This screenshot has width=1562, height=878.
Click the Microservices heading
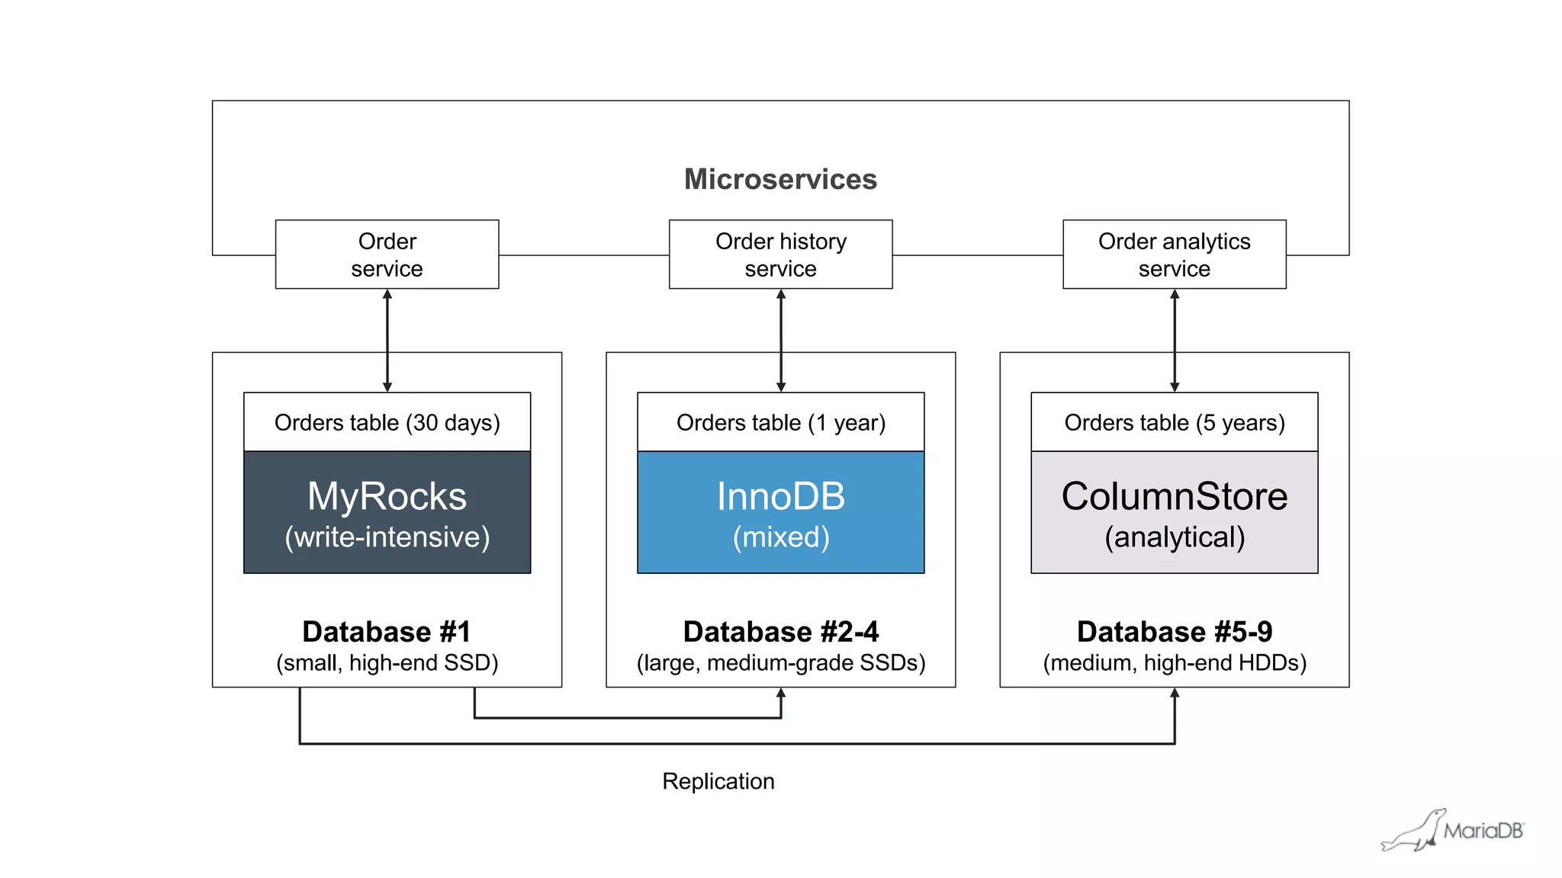780,179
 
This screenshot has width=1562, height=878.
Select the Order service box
387,255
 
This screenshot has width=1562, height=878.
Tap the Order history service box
780,255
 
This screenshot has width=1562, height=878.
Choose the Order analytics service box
1174,255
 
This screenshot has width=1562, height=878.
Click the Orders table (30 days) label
387,422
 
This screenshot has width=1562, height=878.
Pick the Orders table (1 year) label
780,422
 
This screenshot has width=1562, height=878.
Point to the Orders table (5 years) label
1174,422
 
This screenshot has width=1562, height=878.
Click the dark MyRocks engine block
387,512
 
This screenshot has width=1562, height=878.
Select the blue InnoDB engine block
780,512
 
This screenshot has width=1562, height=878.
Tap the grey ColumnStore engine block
1174,512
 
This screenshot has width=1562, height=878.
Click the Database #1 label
387,632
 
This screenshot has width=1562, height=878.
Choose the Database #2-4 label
780,632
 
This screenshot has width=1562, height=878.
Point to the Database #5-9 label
1174,632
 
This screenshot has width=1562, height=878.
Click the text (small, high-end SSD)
387,663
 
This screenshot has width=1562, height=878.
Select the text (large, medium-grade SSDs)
780,663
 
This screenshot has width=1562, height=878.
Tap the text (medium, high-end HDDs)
1174,663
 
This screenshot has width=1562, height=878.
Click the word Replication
718,781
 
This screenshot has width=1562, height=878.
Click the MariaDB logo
1453,830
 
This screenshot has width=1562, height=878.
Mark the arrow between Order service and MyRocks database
387,340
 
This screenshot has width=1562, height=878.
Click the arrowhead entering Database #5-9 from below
1175,694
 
